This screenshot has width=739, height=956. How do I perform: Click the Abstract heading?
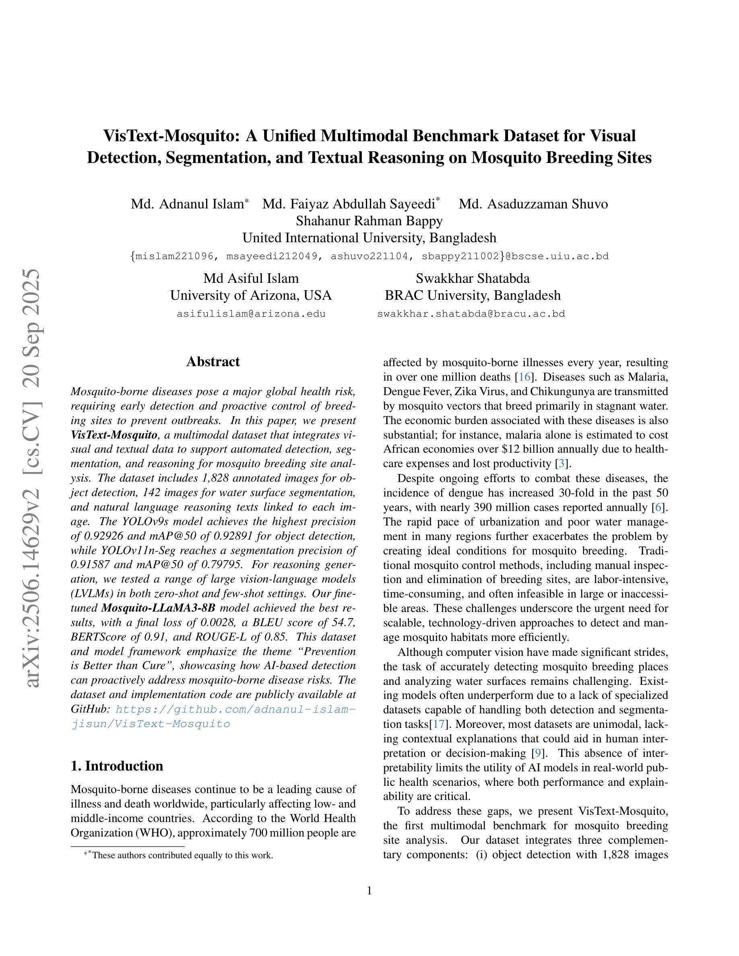pyautogui.click(x=213, y=362)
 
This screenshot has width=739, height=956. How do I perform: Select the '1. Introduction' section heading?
pyautogui.click(x=116, y=766)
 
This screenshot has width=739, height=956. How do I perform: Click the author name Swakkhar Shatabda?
pyautogui.click(x=473, y=278)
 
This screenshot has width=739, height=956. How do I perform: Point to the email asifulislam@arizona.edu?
pyautogui.click(x=251, y=313)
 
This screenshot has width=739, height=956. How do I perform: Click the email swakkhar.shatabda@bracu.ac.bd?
pyautogui.click(x=471, y=313)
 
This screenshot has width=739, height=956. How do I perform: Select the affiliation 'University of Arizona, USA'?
pyautogui.click(x=251, y=295)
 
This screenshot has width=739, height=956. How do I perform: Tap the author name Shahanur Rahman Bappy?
pyautogui.click(x=369, y=220)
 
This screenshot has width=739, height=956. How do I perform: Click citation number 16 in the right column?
pyautogui.click(x=524, y=377)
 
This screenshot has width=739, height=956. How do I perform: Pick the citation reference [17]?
pyautogui.click(x=439, y=724)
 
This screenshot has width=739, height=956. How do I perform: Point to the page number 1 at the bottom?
pyautogui.click(x=369, y=890)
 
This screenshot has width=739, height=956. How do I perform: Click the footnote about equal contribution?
pyautogui.click(x=180, y=855)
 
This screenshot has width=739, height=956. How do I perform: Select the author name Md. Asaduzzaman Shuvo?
pyautogui.click(x=533, y=204)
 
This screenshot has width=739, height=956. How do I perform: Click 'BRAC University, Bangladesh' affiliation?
pyautogui.click(x=473, y=295)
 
